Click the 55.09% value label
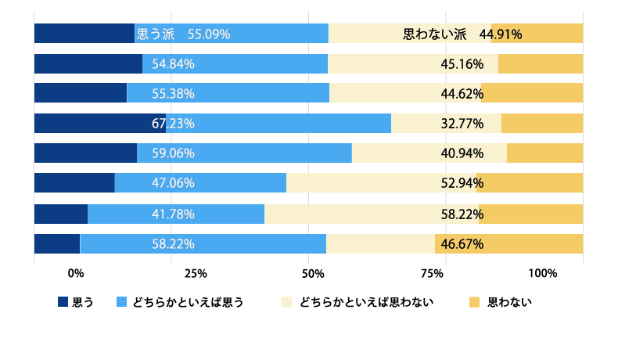pos(208,34)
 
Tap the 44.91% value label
pos(501,34)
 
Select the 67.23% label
pos(173,124)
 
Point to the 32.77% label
pos(462,124)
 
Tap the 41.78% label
pos(173,214)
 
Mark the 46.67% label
pos(462,244)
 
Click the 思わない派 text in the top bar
pos(434,34)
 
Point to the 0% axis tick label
pos(76,273)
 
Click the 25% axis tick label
pos(195,273)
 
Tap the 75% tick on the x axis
pos(433,273)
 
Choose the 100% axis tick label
pos(542,273)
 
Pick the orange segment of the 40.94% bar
pos(544,153)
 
